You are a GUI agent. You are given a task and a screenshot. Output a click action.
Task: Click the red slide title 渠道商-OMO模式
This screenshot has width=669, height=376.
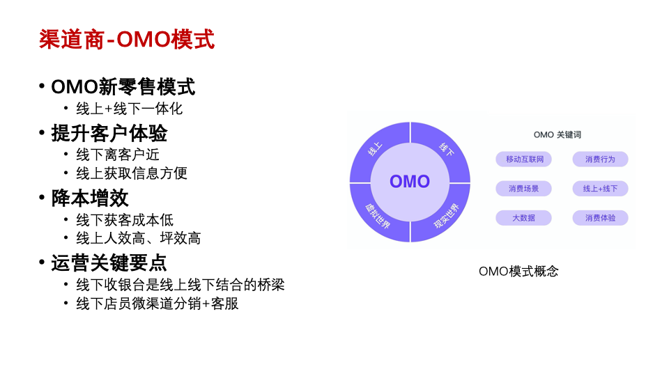[127, 40]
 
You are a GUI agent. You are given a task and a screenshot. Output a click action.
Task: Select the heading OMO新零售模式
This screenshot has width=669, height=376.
[123, 87]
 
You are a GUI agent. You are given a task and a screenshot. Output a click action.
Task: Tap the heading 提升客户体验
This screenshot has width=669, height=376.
[109, 134]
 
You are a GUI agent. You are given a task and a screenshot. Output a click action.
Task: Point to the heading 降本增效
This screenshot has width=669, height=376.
[90, 198]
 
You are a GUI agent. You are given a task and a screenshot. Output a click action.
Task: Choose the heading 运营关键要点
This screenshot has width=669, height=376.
[109, 263]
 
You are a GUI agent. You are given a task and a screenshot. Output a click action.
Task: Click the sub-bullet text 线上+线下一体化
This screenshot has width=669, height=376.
[130, 109]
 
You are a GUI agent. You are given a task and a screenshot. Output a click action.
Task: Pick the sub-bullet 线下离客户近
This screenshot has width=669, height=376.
[118, 155]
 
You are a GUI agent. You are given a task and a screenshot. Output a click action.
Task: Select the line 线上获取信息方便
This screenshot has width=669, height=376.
[132, 173]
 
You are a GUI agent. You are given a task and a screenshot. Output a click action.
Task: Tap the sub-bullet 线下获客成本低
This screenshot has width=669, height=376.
[125, 220]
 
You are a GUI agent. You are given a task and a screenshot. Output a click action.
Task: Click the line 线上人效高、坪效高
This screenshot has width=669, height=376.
[138, 238]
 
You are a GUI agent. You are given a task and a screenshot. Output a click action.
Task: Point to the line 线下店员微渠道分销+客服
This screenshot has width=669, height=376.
[157, 304]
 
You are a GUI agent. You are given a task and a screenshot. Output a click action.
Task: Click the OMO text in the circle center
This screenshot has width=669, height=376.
[410, 182]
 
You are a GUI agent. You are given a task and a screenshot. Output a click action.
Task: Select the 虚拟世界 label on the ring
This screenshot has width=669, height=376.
[378, 216]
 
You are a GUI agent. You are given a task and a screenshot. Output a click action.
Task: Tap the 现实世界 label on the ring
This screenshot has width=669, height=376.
[446, 216]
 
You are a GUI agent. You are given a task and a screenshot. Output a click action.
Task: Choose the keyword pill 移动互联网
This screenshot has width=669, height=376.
[523, 159]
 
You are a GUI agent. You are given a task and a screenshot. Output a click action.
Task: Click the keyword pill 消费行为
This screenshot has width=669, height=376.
[600, 159]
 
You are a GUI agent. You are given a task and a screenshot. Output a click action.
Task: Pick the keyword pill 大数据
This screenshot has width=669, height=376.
[523, 218]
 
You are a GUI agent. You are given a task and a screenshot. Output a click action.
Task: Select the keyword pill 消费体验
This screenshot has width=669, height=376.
[600, 218]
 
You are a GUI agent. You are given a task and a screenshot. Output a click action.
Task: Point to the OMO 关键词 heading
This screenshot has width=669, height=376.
[557, 134]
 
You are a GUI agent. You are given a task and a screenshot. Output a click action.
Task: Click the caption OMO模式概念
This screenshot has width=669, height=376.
[518, 271]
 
